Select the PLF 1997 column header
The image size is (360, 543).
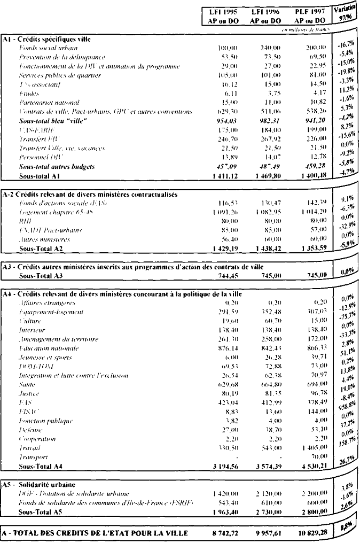click(x=310, y=15)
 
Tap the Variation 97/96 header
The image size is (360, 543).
click(x=345, y=14)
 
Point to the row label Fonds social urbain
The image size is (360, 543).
click(x=44, y=48)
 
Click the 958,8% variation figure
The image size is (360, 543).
click(x=345, y=406)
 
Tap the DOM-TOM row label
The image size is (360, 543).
click(x=33, y=367)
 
